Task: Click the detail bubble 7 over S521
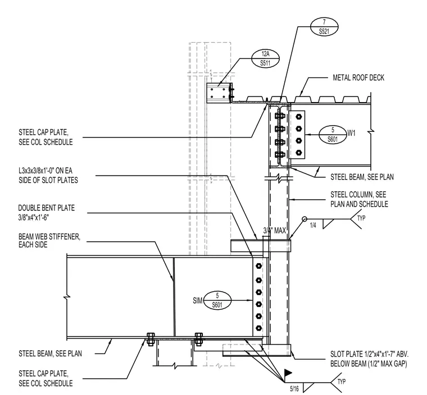click(x=324, y=26)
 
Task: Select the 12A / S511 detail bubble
click(x=265, y=58)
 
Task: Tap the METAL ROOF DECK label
click(x=358, y=78)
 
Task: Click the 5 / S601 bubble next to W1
click(x=333, y=135)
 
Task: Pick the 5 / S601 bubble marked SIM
click(x=217, y=300)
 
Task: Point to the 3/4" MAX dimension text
click(x=275, y=231)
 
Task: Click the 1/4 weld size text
click(x=313, y=225)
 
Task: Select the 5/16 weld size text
click(x=294, y=389)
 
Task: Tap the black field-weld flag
click(x=288, y=373)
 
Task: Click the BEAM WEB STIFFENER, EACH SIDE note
click(x=49, y=241)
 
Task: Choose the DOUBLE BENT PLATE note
click(x=46, y=213)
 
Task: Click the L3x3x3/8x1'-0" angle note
click(x=48, y=176)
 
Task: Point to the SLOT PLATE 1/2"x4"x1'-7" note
click(x=370, y=359)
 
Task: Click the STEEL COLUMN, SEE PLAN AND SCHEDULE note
click(x=359, y=199)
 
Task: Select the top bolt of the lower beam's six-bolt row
click(x=258, y=266)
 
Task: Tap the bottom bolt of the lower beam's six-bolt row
click(x=258, y=328)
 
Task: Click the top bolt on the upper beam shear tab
click(x=299, y=117)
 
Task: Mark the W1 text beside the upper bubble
click(x=351, y=133)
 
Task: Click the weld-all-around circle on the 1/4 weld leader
click(x=305, y=219)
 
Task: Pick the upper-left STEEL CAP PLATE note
click(x=46, y=137)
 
